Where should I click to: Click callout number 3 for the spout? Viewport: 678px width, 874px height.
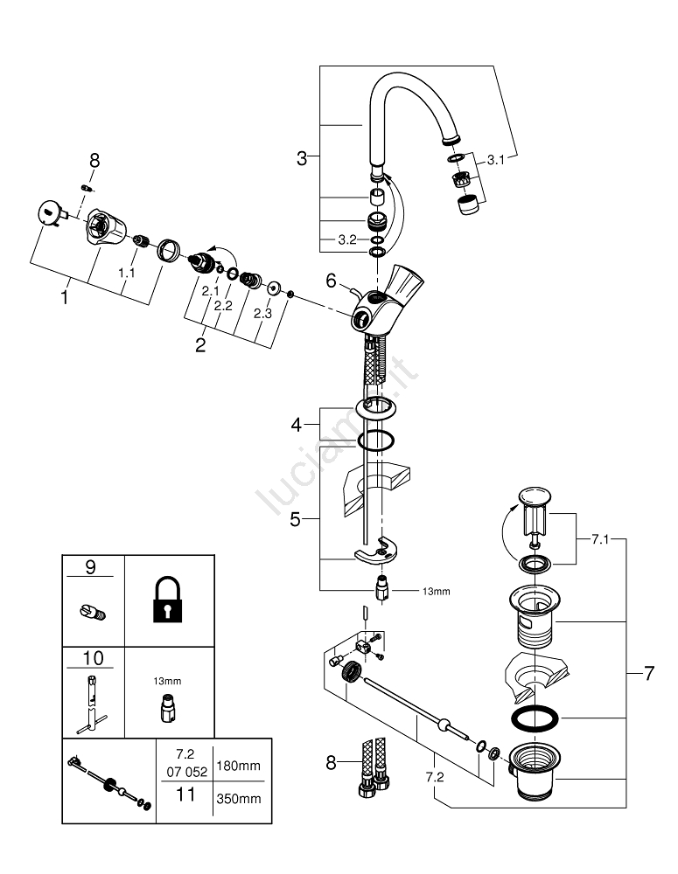tap(302, 158)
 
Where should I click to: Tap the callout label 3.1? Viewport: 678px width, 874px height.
tap(496, 159)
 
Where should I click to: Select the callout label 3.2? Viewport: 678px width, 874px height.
tap(347, 239)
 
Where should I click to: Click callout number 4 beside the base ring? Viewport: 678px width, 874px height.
tap(297, 426)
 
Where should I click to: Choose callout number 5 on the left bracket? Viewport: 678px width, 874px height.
tap(296, 520)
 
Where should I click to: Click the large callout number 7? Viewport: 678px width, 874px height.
tap(648, 674)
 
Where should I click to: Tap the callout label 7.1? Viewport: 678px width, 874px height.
tap(598, 540)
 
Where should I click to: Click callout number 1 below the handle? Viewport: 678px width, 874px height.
tap(64, 297)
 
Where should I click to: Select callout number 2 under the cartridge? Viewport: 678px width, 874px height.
tap(200, 344)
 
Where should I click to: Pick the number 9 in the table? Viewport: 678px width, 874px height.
tap(90, 567)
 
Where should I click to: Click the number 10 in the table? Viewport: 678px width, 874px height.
tap(90, 657)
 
